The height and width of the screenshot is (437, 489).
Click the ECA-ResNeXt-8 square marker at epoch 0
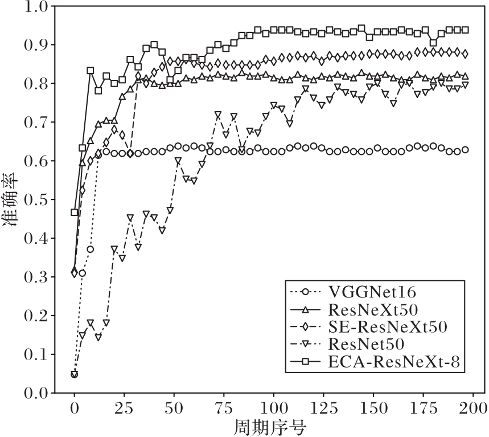point(74,213)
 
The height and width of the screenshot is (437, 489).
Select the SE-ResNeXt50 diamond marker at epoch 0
point(74,273)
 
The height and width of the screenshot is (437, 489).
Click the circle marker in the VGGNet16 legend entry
point(306,293)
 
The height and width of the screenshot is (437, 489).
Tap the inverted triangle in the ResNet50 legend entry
point(306,344)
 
